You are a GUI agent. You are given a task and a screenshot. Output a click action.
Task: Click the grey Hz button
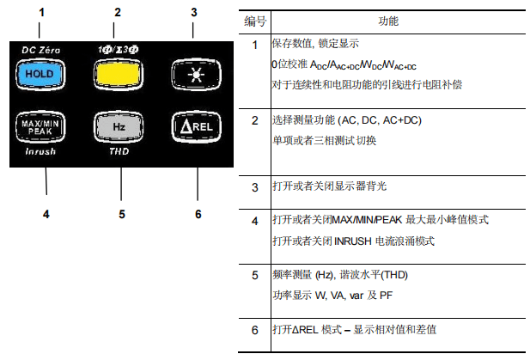120,126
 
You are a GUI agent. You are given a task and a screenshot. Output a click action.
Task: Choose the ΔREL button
197,126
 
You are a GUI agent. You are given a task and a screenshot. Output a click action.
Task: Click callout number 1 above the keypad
41,12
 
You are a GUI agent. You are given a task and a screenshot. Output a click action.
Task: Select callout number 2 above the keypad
118,12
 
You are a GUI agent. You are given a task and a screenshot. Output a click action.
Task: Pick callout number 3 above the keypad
194,12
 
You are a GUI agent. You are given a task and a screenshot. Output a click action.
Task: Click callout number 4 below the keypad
46,213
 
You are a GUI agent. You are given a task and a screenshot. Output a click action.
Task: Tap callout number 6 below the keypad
198,213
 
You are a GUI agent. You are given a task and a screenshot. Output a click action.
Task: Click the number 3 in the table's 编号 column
254,186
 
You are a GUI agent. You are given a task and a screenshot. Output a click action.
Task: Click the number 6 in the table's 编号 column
254,330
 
